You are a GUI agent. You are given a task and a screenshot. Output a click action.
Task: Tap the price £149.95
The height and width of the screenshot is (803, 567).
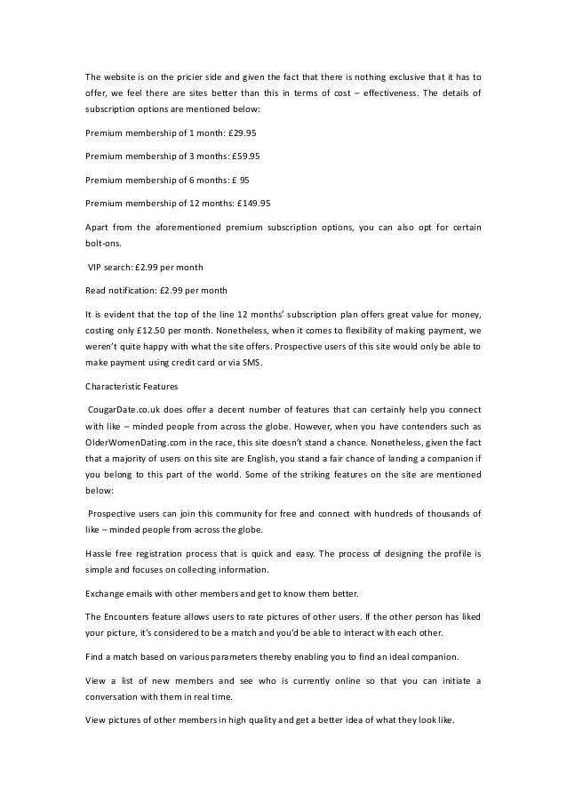point(252,202)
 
